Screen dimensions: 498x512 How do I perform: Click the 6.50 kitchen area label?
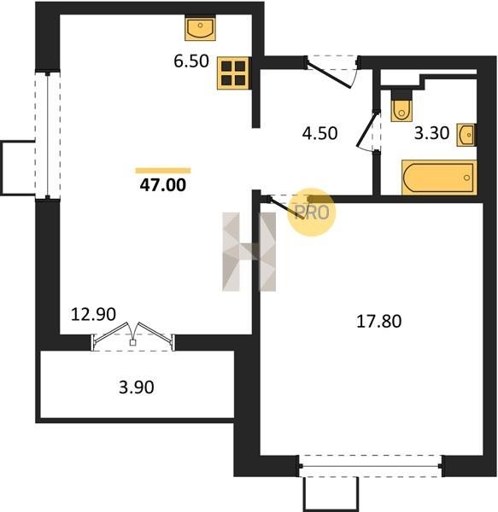click(191, 61)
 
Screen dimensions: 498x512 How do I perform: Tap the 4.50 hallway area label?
click(320, 134)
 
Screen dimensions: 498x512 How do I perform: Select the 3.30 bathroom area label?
click(431, 133)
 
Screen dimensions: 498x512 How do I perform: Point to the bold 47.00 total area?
click(163, 185)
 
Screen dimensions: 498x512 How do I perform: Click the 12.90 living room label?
click(93, 314)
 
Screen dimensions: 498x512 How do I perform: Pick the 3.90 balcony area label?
click(137, 387)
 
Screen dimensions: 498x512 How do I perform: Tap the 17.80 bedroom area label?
click(378, 322)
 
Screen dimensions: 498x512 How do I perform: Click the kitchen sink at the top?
click(200, 29)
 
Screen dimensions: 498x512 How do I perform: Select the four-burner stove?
click(233, 73)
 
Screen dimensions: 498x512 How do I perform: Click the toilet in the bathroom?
click(401, 106)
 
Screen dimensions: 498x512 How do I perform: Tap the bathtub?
click(439, 177)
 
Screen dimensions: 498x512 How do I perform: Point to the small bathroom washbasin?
click(466, 135)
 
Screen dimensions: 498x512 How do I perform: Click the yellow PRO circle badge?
click(312, 212)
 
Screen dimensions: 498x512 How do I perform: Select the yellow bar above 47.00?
click(163, 171)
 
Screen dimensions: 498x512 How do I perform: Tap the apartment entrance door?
click(332, 72)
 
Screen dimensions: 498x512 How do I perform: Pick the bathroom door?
click(369, 131)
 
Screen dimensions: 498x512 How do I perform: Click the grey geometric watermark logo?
click(249, 252)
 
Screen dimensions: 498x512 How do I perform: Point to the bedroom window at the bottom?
click(371, 466)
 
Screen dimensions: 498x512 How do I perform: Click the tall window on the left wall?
click(48, 135)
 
